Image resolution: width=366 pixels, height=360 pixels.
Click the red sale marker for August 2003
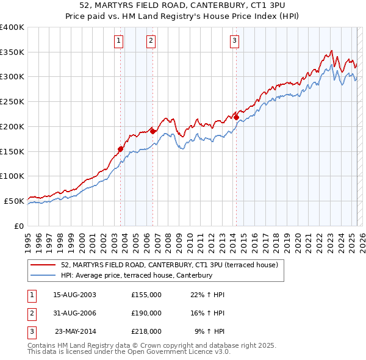120,148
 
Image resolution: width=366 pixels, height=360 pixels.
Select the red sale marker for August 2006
152,131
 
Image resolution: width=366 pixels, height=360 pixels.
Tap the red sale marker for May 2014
236,117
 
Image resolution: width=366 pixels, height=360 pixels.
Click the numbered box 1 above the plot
118,41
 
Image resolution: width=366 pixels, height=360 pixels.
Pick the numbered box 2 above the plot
151,41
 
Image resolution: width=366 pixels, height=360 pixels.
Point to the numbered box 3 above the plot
234,41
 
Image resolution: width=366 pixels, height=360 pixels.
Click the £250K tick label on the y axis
12,101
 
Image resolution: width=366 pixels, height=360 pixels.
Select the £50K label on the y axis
14,200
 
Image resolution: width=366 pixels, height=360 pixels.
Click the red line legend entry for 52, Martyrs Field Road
170,265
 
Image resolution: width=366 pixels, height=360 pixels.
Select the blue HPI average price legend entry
136,275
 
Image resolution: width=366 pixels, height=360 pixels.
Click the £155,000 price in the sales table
146,294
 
